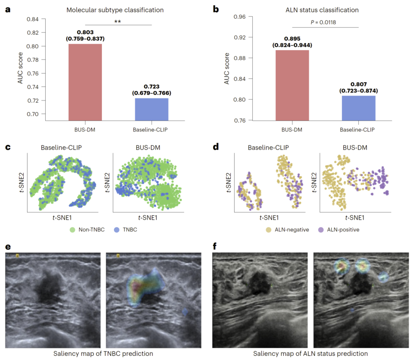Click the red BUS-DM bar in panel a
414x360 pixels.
point(85,83)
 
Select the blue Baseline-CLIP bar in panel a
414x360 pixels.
point(151,109)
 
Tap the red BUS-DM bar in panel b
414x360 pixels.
point(292,85)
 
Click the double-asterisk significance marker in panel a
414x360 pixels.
point(118,22)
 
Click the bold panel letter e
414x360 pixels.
point(8,246)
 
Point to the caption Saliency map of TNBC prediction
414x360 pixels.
point(103,353)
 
